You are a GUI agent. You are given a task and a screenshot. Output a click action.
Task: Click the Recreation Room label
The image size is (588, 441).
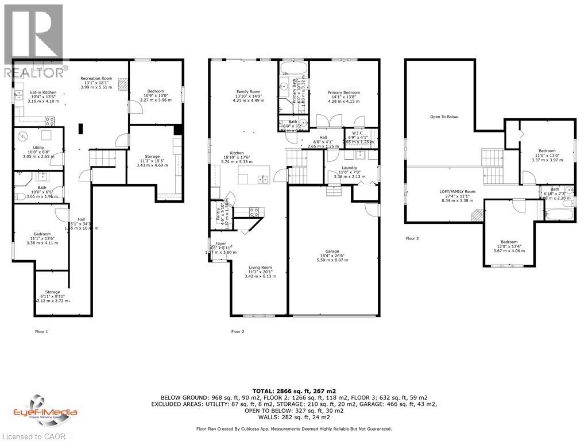96,79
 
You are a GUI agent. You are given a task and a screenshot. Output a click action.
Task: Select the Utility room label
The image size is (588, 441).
38,148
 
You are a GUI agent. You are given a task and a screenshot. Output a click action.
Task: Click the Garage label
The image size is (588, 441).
332,252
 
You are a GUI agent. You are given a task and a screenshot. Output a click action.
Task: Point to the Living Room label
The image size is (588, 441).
260,268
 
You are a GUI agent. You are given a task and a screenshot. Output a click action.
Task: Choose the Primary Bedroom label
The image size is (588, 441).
343,92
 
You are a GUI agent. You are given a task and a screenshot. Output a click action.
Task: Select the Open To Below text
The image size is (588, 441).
444,117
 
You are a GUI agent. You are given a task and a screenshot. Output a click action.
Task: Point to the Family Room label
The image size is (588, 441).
248,92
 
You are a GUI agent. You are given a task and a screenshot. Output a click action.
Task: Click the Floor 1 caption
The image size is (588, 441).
41,331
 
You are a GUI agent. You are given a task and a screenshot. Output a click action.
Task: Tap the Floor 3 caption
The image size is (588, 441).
412,238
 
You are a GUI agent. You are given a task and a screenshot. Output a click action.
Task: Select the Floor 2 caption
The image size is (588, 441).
238,331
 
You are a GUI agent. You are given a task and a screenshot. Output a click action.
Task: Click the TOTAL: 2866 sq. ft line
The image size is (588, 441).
294,389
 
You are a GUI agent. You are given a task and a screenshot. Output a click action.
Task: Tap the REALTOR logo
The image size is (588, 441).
33,40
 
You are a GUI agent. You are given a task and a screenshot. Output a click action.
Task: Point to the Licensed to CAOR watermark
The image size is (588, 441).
33,436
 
